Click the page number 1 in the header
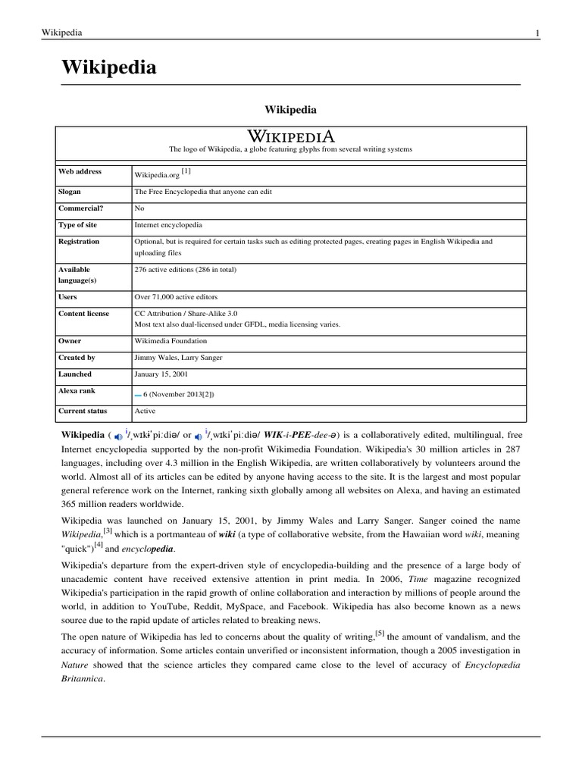537,33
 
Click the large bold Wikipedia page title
109,67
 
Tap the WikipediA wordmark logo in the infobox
291,136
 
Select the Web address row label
80,172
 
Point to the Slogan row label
71,192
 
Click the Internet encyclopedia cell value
167,225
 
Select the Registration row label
79,242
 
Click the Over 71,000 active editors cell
176,297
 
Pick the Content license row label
83,313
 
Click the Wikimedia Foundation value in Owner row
171,341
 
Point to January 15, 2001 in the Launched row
161,374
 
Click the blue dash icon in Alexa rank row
138,395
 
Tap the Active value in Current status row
145,411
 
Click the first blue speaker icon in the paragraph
117,436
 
